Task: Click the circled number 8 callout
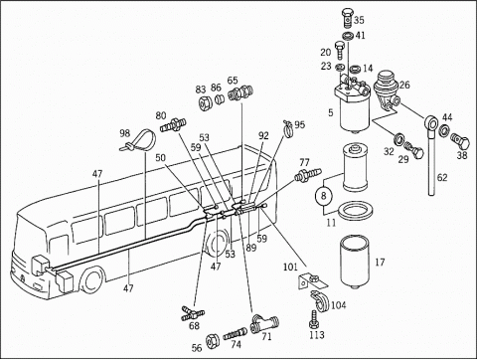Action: click(x=324, y=196)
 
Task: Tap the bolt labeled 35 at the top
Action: click(x=347, y=18)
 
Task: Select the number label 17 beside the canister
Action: click(x=380, y=263)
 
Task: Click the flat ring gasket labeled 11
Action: click(x=356, y=211)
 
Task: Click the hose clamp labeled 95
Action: click(x=288, y=128)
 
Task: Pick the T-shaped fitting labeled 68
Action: click(x=193, y=313)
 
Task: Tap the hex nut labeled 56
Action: click(x=211, y=341)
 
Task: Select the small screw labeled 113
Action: click(x=314, y=319)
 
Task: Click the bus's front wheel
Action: click(x=92, y=280)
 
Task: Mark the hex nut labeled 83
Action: click(x=206, y=102)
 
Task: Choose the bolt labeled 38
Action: click(x=460, y=142)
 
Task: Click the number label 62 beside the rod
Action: click(x=442, y=177)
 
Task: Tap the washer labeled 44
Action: click(x=444, y=130)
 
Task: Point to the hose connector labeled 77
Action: click(x=308, y=174)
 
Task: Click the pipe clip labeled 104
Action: click(x=320, y=300)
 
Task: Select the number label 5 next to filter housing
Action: click(x=331, y=112)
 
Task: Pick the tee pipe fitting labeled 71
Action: click(x=264, y=323)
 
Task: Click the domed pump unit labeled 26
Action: click(x=387, y=89)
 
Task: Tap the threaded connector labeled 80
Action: click(x=174, y=125)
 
